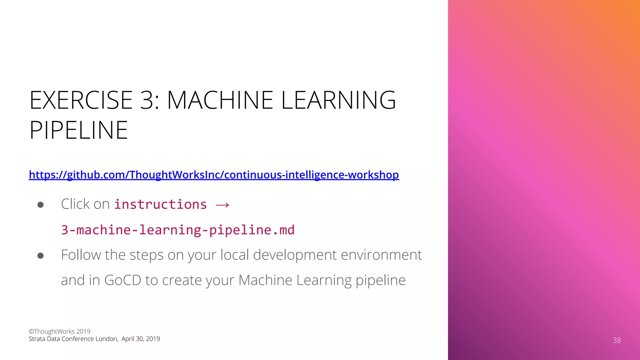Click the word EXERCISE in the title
tap(81, 100)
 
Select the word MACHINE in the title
tap(220, 100)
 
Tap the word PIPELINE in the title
tap(78, 130)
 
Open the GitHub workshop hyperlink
tap(214, 175)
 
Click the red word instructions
tap(160, 204)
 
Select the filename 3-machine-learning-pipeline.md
tap(177, 230)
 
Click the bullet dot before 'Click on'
tap(40, 205)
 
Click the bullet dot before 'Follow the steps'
tap(40, 256)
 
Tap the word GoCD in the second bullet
tap(122, 280)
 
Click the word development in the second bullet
tap(295, 255)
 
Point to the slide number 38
tap(617, 340)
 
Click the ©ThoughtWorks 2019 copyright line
tap(59, 331)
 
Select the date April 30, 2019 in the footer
tap(141, 339)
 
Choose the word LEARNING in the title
tap(338, 100)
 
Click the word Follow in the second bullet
tap(81, 255)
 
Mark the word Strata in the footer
tap(37, 339)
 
